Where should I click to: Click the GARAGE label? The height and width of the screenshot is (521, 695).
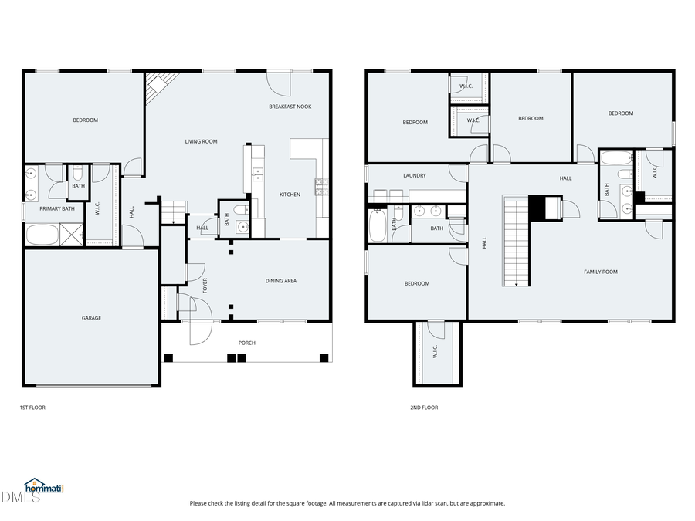click(x=92, y=318)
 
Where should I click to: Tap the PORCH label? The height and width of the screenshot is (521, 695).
click(x=247, y=343)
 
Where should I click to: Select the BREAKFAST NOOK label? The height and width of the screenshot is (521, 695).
click(x=290, y=107)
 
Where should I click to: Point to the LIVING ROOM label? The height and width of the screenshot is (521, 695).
click(x=201, y=141)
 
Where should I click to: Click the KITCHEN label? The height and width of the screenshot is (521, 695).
click(x=290, y=195)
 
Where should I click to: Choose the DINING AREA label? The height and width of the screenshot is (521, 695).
click(x=281, y=281)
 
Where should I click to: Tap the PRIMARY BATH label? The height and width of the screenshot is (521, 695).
click(x=57, y=208)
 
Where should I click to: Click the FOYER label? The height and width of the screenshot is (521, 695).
click(x=205, y=286)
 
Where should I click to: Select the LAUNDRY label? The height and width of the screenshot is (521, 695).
click(x=415, y=175)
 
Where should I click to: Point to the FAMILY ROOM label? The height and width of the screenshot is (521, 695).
click(x=600, y=272)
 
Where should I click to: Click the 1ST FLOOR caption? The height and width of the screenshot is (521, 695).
click(x=32, y=408)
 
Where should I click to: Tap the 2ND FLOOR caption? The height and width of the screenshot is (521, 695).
click(x=424, y=408)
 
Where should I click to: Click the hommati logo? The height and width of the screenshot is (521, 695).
click(x=43, y=487)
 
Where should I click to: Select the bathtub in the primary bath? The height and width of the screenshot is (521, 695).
click(x=42, y=234)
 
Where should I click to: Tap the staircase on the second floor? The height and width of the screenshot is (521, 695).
click(x=515, y=239)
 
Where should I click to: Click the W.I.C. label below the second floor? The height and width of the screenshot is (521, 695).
click(x=436, y=351)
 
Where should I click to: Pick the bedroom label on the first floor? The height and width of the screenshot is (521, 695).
click(x=85, y=120)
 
